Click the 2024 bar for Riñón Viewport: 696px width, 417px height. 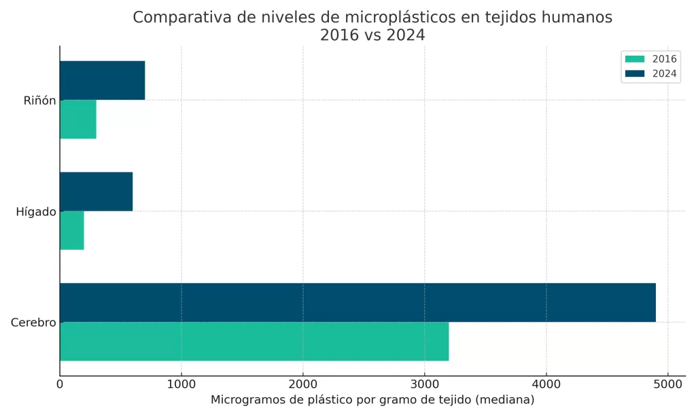pyautogui.click(x=102, y=80)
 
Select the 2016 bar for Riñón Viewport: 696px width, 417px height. pyautogui.click(x=78, y=119)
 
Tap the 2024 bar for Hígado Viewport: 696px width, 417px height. pyautogui.click(x=96, y=192)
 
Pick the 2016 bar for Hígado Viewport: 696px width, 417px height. pyautogui.click(x=72, y=230)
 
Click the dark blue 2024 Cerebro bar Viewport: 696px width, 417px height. pyautogui.click(x=358, y=302)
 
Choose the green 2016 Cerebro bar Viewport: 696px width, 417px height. pyautogui.click(x=254, y=341)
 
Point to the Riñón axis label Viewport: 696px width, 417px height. pyautogui.click(x=39, y=101)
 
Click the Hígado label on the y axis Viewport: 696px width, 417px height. pyautogui.click(x=36, y=212)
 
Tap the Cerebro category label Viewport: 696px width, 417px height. pyautogui.click(x=33, y=323)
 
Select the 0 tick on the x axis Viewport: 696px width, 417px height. pyautogui.click(x=60, y=384)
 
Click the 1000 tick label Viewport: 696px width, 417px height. pyautogui.click(x=181, y=384)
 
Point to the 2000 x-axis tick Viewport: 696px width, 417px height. pyautogui.click(x=303, y=384)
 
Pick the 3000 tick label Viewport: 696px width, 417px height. pyautogui.click(x=424, y=384)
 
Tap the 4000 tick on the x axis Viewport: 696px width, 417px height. pyautogui.click(x=546, y=384)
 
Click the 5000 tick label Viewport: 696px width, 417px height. pyautogui.click(x=667, y=384)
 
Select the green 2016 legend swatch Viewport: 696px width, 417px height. pyautogui.click(x=635, y=59)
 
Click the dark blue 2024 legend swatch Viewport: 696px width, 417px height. pyautogui.click(x=635, y=73)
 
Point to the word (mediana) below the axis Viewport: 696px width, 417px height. pyautogui.click(x=505, y=400)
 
